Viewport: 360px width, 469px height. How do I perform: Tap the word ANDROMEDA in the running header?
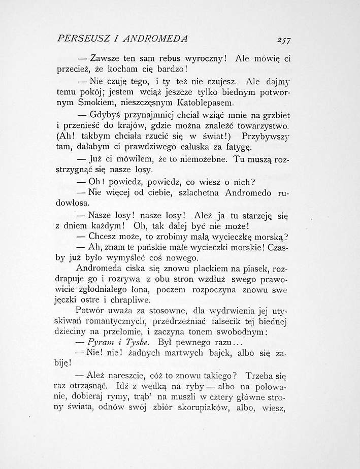click(x=158, y=39)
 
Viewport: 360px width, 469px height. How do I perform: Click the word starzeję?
click(x=253, y=215)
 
